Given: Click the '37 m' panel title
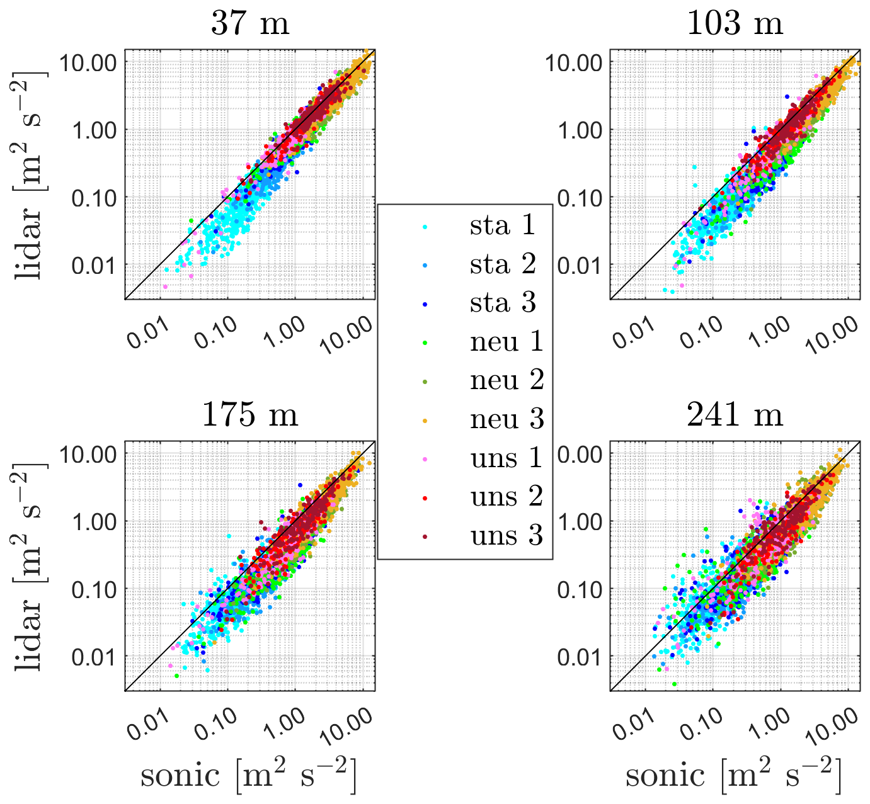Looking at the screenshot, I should coord(250,24).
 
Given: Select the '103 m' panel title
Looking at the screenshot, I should coord(735,24).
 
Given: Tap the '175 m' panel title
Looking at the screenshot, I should coord(250,415).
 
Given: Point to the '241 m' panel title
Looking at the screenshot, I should coord(735,415).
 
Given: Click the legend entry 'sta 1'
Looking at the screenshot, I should coord(502,225).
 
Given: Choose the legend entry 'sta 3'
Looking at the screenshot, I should coord(502,303).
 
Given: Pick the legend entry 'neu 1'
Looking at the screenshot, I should coord(506,342).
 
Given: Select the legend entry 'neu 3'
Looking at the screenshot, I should coord(506,419).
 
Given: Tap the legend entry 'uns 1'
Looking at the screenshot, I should coord(506,458).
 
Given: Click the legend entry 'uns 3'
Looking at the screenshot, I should coord(506,536).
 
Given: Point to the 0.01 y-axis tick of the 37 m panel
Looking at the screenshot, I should coord(94,265).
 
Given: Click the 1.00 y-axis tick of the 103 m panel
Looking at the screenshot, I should coord(580,130).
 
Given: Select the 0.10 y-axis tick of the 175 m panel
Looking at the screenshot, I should coord(94,589).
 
